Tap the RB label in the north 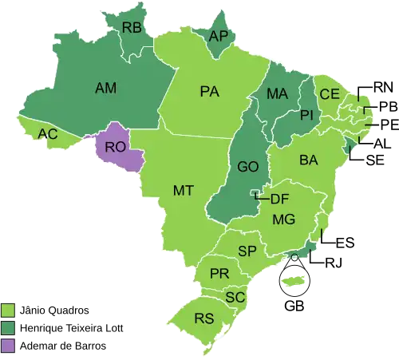pyautogui.click(x=132, y=28)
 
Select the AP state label pyautogui.click(x=218, y=36)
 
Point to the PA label pyautogui.click(x=209, y=92)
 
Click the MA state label pyautogui.click(x=277, y=94)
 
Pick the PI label pyautogui.click(x=306, y=117)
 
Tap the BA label pyautogui.click(x=309, y=160)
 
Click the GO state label pyautogui.click(x=247, y=168)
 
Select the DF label pyautogui.click(x=279, y=199)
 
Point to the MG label pyautogui.click(x=283, y=219)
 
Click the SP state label pyautogui.click(x=247, y=251)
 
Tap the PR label pyautogui.click(x=219, y=274)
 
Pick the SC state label pyautogui.click(x=235, y=297)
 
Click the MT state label pyautogui.click(x=184, y=190)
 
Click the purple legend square pyautogui.click(x=8, y=346)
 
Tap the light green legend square pyautogui.click(x=8, y=310)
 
